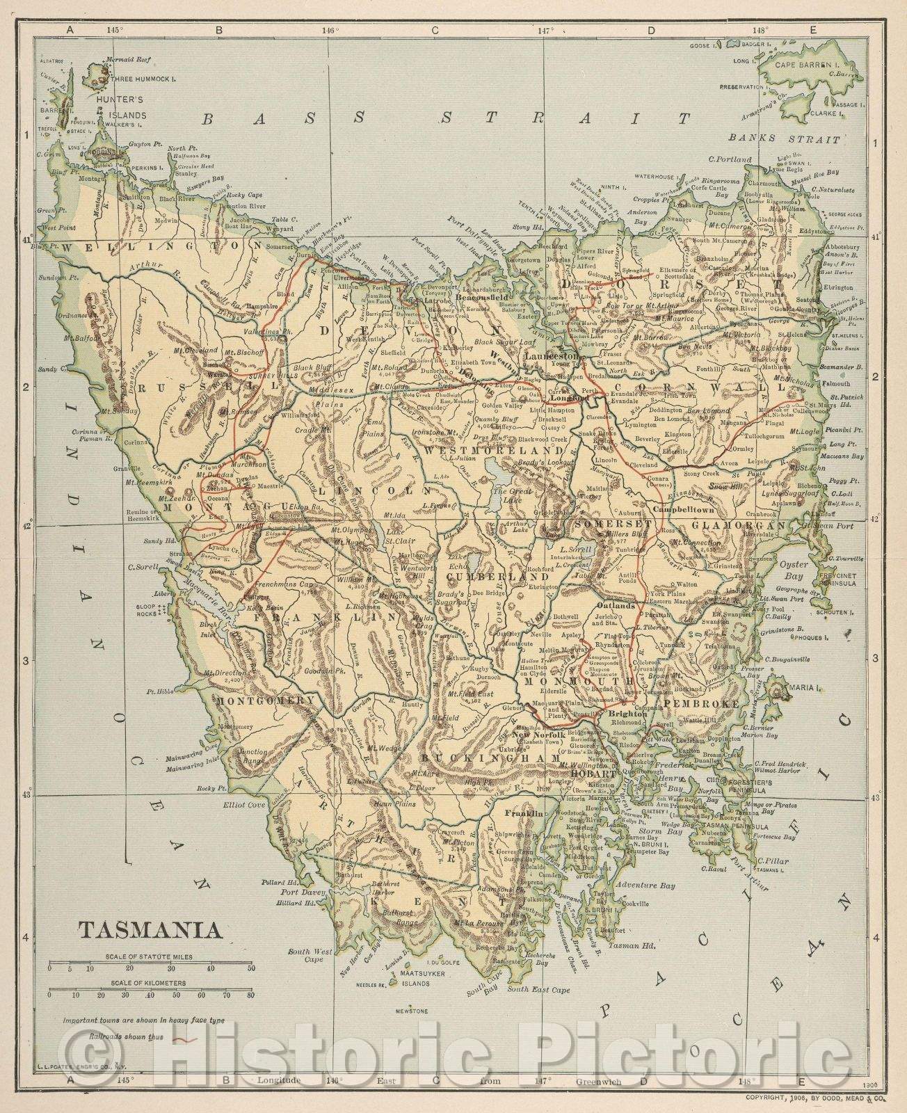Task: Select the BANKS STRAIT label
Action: point(794,138)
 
